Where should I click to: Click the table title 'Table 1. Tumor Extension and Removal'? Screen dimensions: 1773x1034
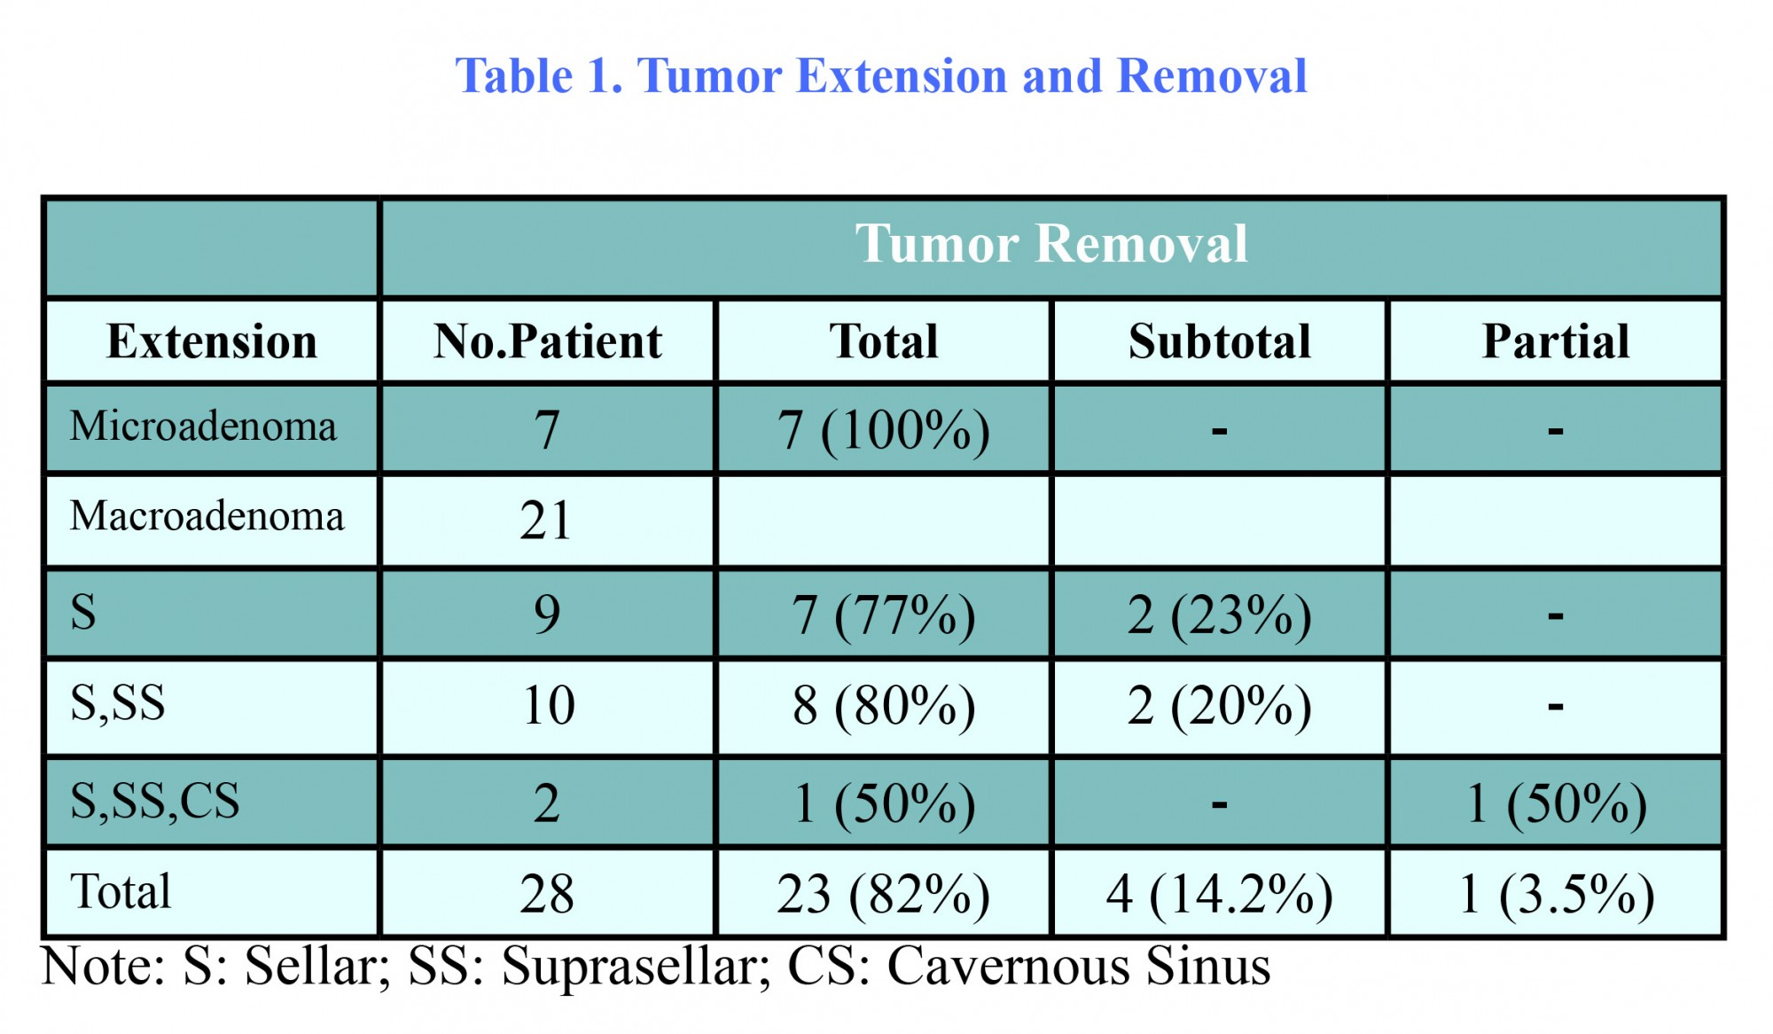(881, 76)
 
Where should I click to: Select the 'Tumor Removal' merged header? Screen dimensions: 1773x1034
(1051, 244)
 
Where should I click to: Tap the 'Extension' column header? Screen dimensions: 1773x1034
(212, 342)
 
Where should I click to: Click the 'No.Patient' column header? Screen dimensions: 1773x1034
(548, 342)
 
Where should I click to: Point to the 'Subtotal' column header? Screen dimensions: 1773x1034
(1220, 342)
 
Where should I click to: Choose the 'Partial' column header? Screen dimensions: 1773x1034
(1556, 342)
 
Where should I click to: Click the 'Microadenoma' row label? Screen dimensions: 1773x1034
(204, 427)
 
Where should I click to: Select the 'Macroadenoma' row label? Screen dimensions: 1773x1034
(207, 516)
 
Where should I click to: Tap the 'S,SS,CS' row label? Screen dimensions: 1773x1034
(155, 802)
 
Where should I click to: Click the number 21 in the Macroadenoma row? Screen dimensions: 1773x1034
(545, 521)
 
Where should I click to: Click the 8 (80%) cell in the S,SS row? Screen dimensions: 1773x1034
(884, 707)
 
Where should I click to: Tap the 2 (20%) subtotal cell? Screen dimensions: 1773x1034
(1220, 707)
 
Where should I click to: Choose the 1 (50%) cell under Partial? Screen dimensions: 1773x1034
(1556, 804)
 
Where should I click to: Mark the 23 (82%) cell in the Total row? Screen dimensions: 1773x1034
(884, 895)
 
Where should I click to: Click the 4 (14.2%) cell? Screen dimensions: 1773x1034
(1220, 895)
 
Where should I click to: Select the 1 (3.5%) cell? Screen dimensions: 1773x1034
(1556, 895)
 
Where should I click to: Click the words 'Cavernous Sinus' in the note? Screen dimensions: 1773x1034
(1079, 966)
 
